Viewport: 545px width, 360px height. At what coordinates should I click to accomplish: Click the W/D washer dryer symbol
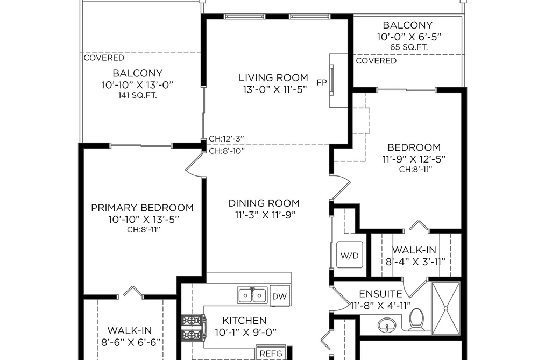pyautogui.click(x=349, y=255)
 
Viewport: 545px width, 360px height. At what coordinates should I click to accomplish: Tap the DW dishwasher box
pyautogui.click(x=279, y=296)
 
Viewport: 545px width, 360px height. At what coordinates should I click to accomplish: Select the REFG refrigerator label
pyautogui.click(x=271, y=354)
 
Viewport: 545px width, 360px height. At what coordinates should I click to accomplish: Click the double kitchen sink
pyautogui.click(x=253, y=295)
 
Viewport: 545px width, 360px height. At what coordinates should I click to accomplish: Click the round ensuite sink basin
pyautogui.click(x=386, y=326)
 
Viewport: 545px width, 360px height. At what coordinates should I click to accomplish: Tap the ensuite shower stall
pyautogui.click(x=446, y=308)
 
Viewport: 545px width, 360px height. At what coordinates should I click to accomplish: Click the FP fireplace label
pyautogui.click(x=322, y=82)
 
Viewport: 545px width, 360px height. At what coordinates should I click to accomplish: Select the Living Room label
pyautogui.click(x=273, y=77)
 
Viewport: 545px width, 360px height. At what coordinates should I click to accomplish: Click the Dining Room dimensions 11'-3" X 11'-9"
pyautogui.click(x=265, y=215)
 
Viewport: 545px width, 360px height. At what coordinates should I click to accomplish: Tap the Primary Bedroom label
pyautogui.click(x=142, y=208)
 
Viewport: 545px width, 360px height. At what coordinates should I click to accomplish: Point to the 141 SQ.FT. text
pyautogui.click(x=138, y=95)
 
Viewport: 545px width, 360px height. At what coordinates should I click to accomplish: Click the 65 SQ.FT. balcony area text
pyautogui.click(x=409, y=47)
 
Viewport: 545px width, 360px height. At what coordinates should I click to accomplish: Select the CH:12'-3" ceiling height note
pyautogui.click(x=227, y=139)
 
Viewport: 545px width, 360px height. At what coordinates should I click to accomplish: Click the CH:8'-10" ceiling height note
pyautogui.click(x=227, y=151)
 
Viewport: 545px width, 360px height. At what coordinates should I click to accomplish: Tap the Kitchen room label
pyautogui.click(x=244, y=320)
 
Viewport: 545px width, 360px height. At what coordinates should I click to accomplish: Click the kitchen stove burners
pyautogui.click(x=190, y=327)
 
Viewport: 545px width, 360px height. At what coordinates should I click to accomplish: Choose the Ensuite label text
pyautogui.click(x=380, y=294)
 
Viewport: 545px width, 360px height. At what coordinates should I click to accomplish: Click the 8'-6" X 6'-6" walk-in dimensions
pyautogui.click(x=131, y=343)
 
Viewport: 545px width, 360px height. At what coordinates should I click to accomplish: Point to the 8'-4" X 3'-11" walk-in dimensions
pyautogui.click(x=415, y=262)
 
